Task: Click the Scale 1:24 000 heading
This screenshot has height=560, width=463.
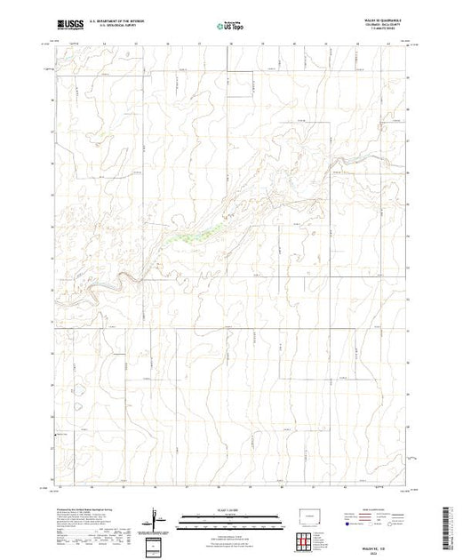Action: tap(230, 510)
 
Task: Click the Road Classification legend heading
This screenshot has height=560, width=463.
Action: tap(382, 510)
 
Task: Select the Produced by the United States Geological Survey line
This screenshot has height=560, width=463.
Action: tap(89, 508)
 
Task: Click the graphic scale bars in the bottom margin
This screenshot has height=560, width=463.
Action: tap(230, 520)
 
